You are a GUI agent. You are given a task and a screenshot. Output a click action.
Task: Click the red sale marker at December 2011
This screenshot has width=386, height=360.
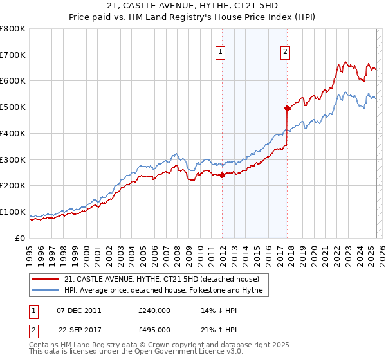(x=222, y=175)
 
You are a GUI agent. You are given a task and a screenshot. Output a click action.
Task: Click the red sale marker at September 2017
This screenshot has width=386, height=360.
(x=288, y=109)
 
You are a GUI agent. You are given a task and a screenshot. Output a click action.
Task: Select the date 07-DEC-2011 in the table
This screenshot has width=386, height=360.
(x=79, y=310)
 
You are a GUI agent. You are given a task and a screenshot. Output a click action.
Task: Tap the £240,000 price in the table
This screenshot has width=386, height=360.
(x=154, y=310)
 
